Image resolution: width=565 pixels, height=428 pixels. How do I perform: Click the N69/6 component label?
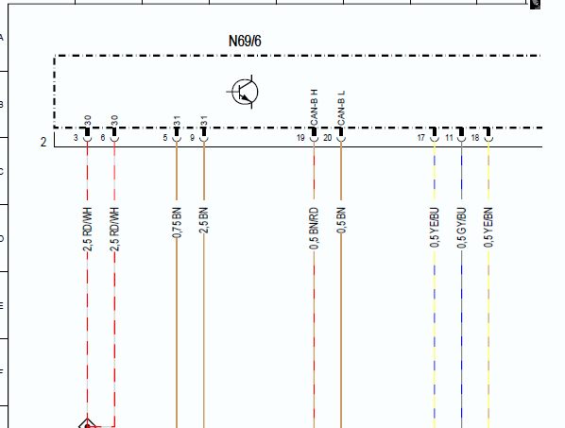click(245, 41)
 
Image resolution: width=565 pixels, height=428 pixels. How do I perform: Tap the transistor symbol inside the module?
click(243, 92)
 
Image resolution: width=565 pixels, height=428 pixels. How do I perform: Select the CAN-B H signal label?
click(315, 108)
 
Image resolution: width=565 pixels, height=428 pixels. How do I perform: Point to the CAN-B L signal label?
click(341, 108)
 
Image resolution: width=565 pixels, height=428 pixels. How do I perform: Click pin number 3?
click(76, 138)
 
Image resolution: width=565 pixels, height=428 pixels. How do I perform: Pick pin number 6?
click(103, 138)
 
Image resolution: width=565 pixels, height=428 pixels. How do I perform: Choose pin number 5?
click(165, 138)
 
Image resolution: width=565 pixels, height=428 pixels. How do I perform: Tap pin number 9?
click(192, 138)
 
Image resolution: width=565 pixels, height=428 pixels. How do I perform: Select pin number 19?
click(300, 138)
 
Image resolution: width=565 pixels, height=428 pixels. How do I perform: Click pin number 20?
click(328, 138)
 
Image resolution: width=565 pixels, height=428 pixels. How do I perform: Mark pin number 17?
click(420, 138)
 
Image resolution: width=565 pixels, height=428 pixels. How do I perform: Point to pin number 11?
click(449, 138)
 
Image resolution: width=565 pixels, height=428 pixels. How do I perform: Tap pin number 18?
click(475, 138)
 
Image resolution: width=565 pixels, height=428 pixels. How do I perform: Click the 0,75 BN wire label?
click(177, 222)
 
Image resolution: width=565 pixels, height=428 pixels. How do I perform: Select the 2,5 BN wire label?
click(203, 220)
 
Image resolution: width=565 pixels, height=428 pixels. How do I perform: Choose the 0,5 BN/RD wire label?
click(314, 228)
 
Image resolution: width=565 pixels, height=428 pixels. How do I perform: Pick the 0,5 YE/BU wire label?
click(435, 228)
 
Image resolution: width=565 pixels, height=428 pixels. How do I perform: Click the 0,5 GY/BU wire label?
click(462, 228)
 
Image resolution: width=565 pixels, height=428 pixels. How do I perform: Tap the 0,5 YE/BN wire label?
click(488, 228)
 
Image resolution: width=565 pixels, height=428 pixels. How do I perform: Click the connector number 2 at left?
click(43, 143)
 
